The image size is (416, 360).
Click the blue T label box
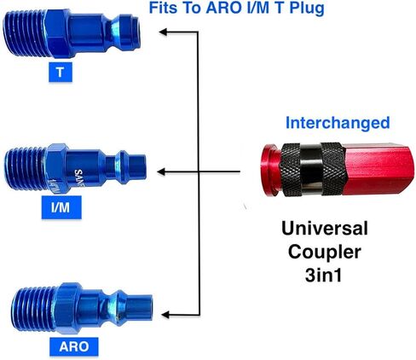pos(61,73)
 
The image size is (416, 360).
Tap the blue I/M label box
pos(61,207)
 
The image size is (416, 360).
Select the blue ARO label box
pos(74,346)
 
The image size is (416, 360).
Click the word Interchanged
pos(338,123)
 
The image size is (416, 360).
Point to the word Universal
pos(325,229)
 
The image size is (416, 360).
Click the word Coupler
pos(325,252)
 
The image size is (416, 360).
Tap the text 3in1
pos(323,275)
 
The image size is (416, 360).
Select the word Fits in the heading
pos(163,8)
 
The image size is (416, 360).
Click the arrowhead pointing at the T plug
pos(163,32)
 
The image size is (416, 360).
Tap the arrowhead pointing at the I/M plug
pos(161,171)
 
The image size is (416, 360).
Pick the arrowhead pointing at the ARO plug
pos(165,315)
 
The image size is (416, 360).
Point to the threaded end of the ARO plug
pos(34,309)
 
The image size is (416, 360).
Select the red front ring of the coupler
pos(270,170)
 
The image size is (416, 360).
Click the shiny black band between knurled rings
pos(311,170)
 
